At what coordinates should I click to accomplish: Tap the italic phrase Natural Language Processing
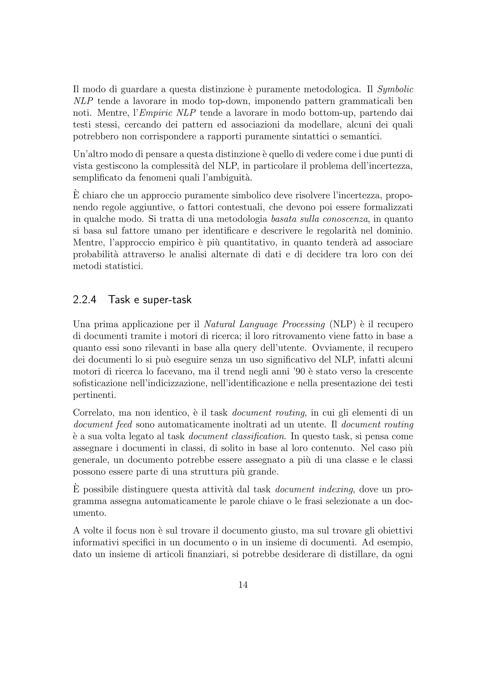(265, 324)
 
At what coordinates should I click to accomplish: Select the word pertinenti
(94, 395)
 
